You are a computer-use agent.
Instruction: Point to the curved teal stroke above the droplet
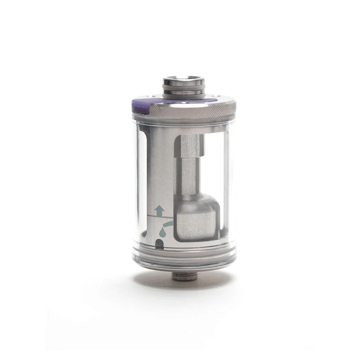click(x=168, y=225)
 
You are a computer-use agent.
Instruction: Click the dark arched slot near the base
click(x=158, y=245)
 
